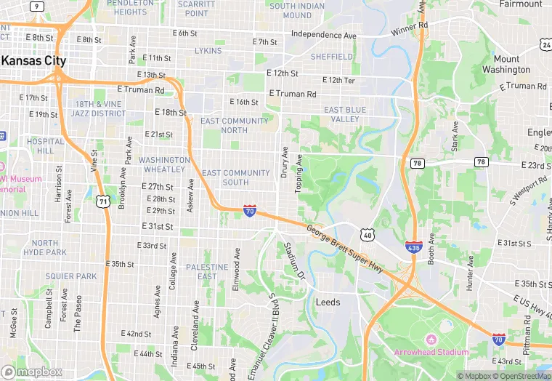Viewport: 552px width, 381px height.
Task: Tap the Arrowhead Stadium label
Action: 431,353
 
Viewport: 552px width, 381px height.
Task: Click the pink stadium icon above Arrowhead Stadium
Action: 431,340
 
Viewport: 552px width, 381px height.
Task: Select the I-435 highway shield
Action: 414,248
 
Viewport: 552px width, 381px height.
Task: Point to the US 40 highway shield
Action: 368,235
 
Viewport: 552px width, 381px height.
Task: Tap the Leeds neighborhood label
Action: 328,302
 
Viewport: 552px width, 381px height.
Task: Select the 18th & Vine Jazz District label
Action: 100,109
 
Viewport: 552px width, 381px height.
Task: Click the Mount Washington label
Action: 506,65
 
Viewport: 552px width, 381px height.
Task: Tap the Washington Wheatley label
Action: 164,164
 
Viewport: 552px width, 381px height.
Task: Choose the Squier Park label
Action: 71,276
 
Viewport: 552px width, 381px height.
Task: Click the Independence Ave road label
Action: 324,34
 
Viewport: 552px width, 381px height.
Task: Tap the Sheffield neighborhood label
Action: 330,56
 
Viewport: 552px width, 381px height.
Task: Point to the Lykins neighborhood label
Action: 208,51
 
